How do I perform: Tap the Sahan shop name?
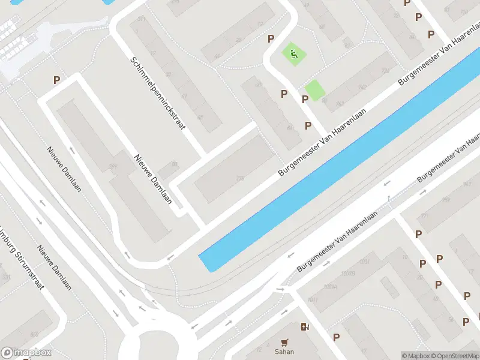tap(285, 352)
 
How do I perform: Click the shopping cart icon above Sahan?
tap(285, 343)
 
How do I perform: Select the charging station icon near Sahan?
tap(304, 327)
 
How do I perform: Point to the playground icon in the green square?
tap(293, 55)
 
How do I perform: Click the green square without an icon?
tap(314, 91)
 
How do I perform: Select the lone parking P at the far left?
tap(56, 80)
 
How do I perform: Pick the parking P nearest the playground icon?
tap(271, 38)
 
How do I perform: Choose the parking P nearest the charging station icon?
tap(336, 337)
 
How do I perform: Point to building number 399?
tap(112, 167)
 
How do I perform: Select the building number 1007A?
tap(330, 286)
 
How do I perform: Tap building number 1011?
tap(313, 299)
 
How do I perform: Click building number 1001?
tap(364, 262)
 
